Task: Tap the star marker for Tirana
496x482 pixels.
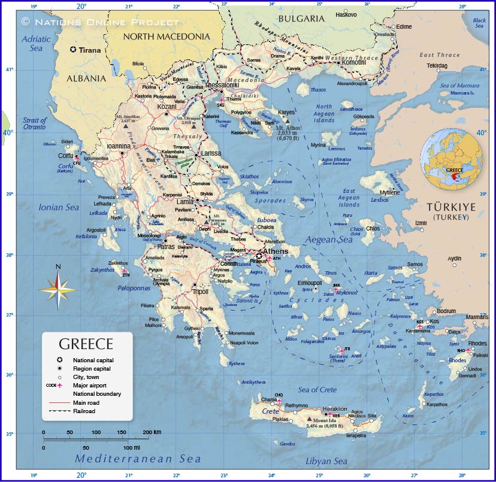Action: tap(73, 50)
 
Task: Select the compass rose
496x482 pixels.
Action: tap(58, 290)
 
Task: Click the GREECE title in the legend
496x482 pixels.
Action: tap(86, 344)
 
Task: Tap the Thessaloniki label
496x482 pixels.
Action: tap(222, 86)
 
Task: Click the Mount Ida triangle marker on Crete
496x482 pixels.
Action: tap(309, 419)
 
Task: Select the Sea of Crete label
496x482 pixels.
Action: tap(317, 390)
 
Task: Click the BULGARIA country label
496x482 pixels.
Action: tap(301, 19)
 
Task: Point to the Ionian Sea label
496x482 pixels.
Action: tap(59, 207)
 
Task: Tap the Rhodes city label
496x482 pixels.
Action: tap(478, 343)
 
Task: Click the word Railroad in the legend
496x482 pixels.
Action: tap(84, 411)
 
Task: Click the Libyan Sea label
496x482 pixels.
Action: tap(326, 461)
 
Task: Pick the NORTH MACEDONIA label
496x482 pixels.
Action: tap(167, 37)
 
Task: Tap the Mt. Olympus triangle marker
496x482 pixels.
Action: tap(193, 127)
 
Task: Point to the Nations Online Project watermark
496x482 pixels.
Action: tap(100, 22)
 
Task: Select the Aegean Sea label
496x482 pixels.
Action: tap(329, 240)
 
